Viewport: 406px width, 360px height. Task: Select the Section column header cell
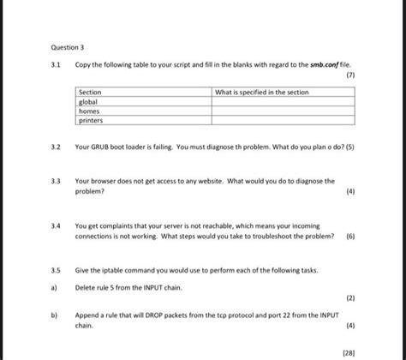coord(90,92)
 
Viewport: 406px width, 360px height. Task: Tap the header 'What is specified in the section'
coord(261,92)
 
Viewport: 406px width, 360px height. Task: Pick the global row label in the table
coord(89,102)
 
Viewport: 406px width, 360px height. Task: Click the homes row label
coord(89,111)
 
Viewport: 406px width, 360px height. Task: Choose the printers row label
coord(91,121)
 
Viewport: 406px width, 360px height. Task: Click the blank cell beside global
coord(283,102)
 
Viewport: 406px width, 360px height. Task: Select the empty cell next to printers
coord(283,121)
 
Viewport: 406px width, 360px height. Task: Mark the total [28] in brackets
coord(348,351)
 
